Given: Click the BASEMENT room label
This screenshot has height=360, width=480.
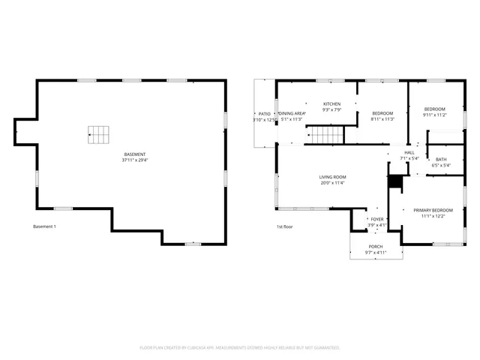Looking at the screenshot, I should click(135, 154).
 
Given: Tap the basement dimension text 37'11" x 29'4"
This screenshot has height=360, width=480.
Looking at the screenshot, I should click(135, 160).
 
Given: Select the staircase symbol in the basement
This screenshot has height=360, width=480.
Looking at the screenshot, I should click(99, 135).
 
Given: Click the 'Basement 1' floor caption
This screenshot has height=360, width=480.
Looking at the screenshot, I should click(44, 226).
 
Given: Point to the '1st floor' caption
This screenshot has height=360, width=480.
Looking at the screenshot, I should click(284, 226).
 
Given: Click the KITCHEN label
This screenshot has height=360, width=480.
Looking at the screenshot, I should click(331, 103).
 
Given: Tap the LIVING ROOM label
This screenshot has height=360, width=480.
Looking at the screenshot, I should click(333, 177).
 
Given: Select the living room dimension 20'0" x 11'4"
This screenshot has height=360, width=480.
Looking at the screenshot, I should click(333, 183).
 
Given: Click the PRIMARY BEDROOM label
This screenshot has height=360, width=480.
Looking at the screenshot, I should click(433, 210).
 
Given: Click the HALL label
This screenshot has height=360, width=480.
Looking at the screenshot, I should click(409, 152).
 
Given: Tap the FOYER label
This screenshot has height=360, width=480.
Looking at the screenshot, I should click(376, 219).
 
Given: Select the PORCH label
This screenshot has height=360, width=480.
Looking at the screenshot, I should click(375, 247).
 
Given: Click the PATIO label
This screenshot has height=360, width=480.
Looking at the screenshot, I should click(264, 113).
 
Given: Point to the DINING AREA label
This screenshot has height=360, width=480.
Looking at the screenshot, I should click(291, 113).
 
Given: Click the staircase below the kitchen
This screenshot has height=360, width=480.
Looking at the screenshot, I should click(327, 136).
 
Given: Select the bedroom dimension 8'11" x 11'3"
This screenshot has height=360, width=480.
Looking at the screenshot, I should click(382, 119).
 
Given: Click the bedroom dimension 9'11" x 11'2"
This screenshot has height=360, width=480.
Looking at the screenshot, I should click(434, 115).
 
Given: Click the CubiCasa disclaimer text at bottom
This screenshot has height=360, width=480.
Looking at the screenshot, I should click(240, 348).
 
